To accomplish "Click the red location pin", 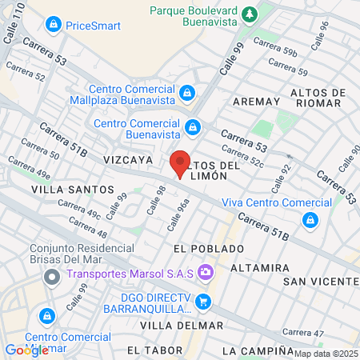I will (180, 164).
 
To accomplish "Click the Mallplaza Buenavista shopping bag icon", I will (187, 94).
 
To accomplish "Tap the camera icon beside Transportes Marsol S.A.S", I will (206, 274).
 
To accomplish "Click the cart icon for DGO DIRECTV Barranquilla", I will (203, 302).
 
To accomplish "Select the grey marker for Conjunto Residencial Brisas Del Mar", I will (52, 278).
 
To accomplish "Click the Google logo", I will (27, 350).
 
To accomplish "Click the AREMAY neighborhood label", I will (256, 102).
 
